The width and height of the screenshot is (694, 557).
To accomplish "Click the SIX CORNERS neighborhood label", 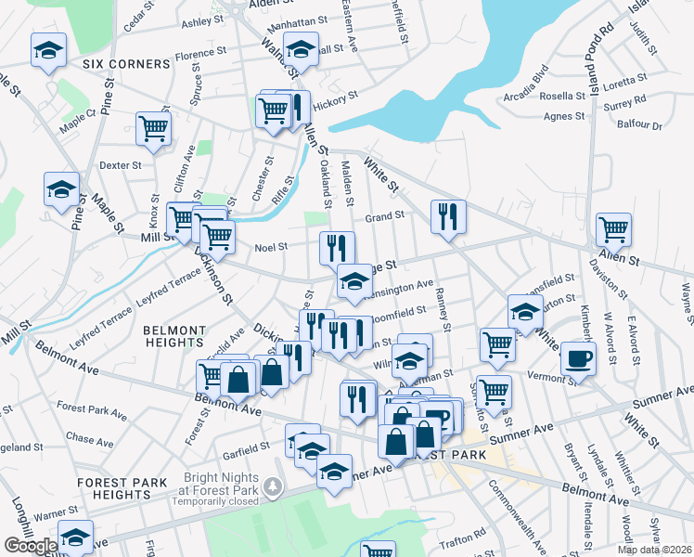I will [x=126, y=64].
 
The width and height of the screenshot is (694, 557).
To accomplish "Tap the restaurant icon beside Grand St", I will [x=448, y=217].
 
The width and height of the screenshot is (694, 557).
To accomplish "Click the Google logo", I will [x=30, y=546].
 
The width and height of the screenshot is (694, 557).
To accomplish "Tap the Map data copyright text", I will [x=653, y=550].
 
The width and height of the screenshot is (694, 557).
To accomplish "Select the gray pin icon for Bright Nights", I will [x=272, y=485].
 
